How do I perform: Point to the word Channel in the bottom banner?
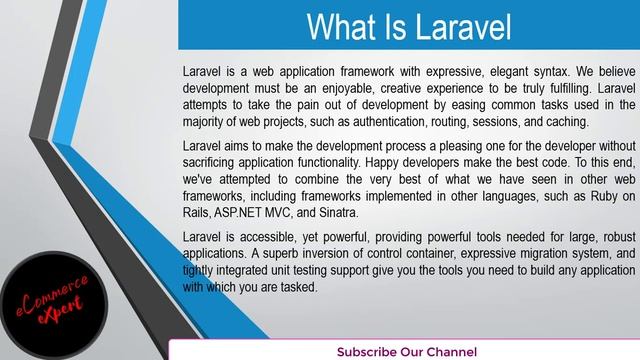[x=450, y=352]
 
